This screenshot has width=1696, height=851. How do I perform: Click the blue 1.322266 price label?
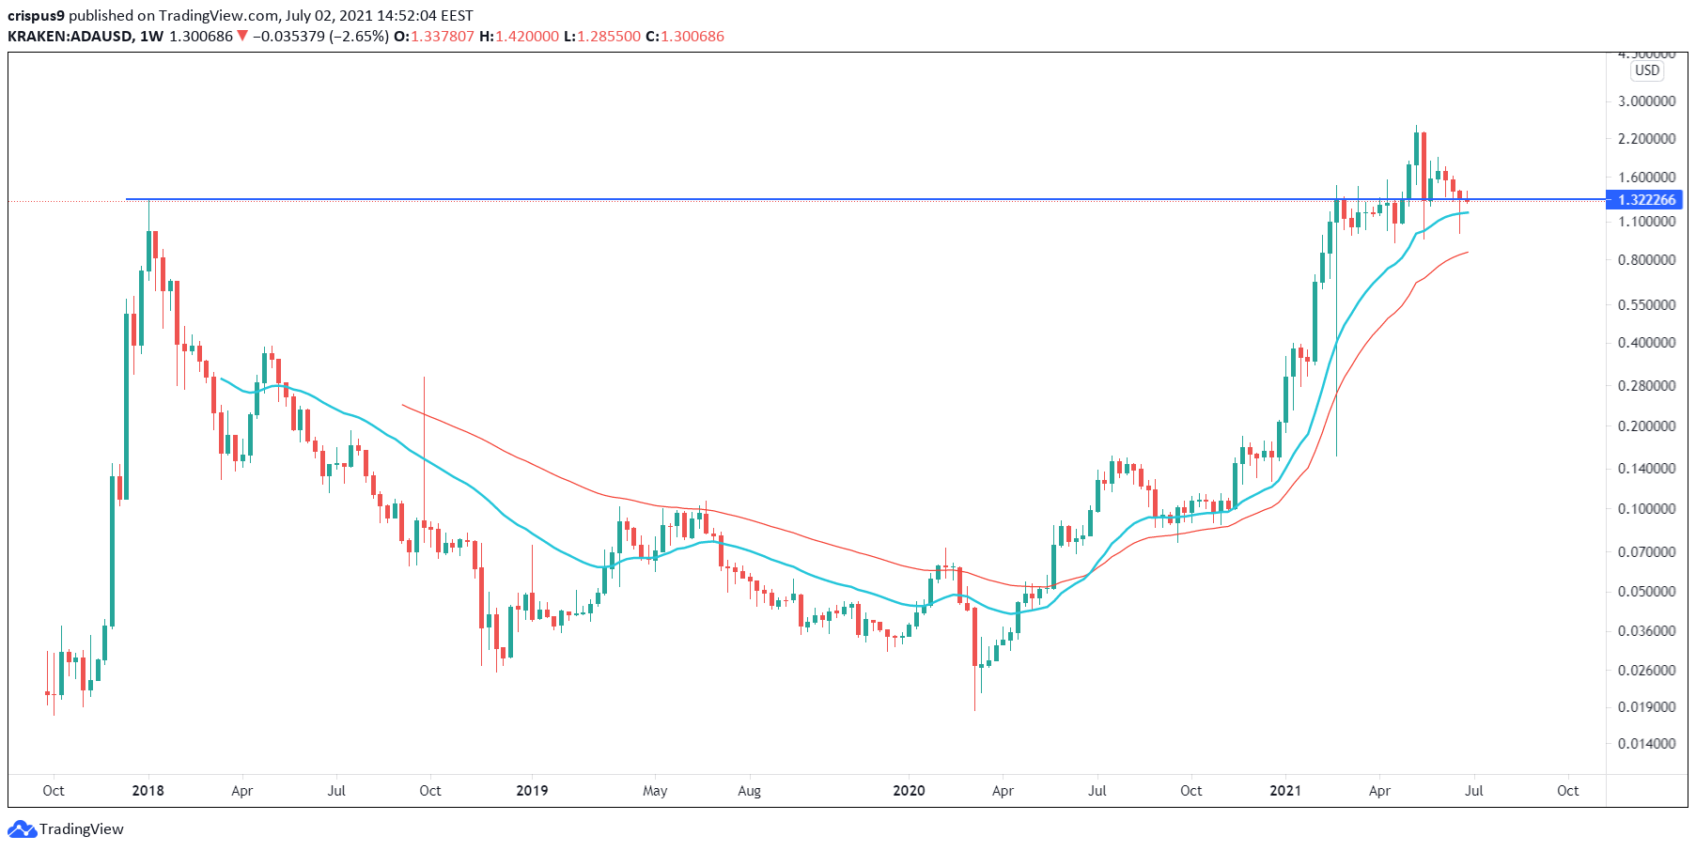click(1646, 200)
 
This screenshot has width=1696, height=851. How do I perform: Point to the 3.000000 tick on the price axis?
click(1646, 101)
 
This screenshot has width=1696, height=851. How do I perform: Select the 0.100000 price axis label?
click(1646, 509)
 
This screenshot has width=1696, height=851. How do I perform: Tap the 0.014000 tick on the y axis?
click(1646, 744)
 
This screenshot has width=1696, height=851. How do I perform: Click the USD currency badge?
click(1646, 70)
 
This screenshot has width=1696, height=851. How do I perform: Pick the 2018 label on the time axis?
click(148, 791)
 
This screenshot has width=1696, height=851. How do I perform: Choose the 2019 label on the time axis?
click(532, 791)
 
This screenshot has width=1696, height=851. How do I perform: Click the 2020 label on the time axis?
click(909, 791)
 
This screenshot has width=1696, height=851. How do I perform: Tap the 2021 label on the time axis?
click(1284, 791)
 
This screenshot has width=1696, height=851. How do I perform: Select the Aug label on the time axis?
click(749, 791)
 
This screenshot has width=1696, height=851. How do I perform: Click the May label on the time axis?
click(655, 791)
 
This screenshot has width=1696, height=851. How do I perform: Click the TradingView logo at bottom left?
click(66, 829)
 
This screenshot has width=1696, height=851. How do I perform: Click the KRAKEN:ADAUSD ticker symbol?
click(70, 37)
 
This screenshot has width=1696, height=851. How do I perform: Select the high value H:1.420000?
click(519, 37)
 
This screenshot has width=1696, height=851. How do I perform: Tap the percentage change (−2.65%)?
click(358, 37)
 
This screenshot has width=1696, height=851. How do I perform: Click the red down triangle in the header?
click(242, 37)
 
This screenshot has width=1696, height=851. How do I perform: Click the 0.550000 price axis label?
click(1646, 305)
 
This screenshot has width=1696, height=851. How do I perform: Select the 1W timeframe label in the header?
click(150, 37)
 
